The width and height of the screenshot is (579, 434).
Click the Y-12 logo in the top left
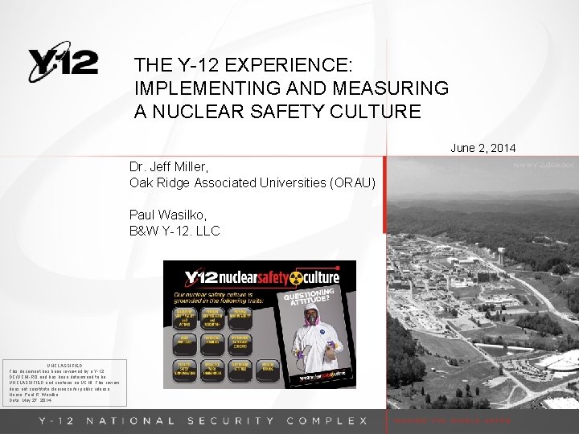[x=63, y=62]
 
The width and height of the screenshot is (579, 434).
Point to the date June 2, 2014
[x=482, y=148]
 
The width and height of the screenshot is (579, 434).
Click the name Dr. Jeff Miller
[x=169, y=167]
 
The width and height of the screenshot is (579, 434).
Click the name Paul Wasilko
[x=167, y=215]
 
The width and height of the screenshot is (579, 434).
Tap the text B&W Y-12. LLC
[x=175, y=231]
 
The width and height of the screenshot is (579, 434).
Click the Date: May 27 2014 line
[x=31, y=400]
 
